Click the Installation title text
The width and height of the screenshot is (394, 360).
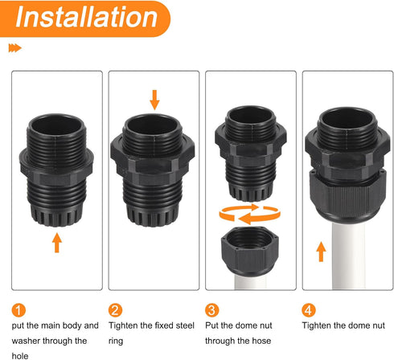84,18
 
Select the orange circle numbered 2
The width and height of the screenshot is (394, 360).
117,309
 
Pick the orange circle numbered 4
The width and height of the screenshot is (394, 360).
310,309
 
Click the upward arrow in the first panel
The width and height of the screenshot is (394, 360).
56,240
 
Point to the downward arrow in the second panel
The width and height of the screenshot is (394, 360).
155,100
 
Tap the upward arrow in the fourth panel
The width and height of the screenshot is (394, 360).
320,252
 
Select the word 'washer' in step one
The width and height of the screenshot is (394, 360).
30,341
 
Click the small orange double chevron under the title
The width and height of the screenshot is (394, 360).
14,49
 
